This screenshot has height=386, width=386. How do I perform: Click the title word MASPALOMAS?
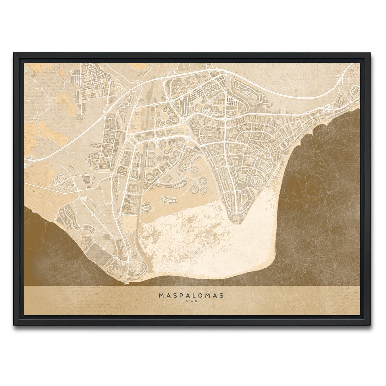(x=191, y=295)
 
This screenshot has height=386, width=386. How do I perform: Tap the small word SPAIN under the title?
(x=191, y=301)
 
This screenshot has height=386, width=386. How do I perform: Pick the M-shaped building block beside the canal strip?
(x=133, y=187)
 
